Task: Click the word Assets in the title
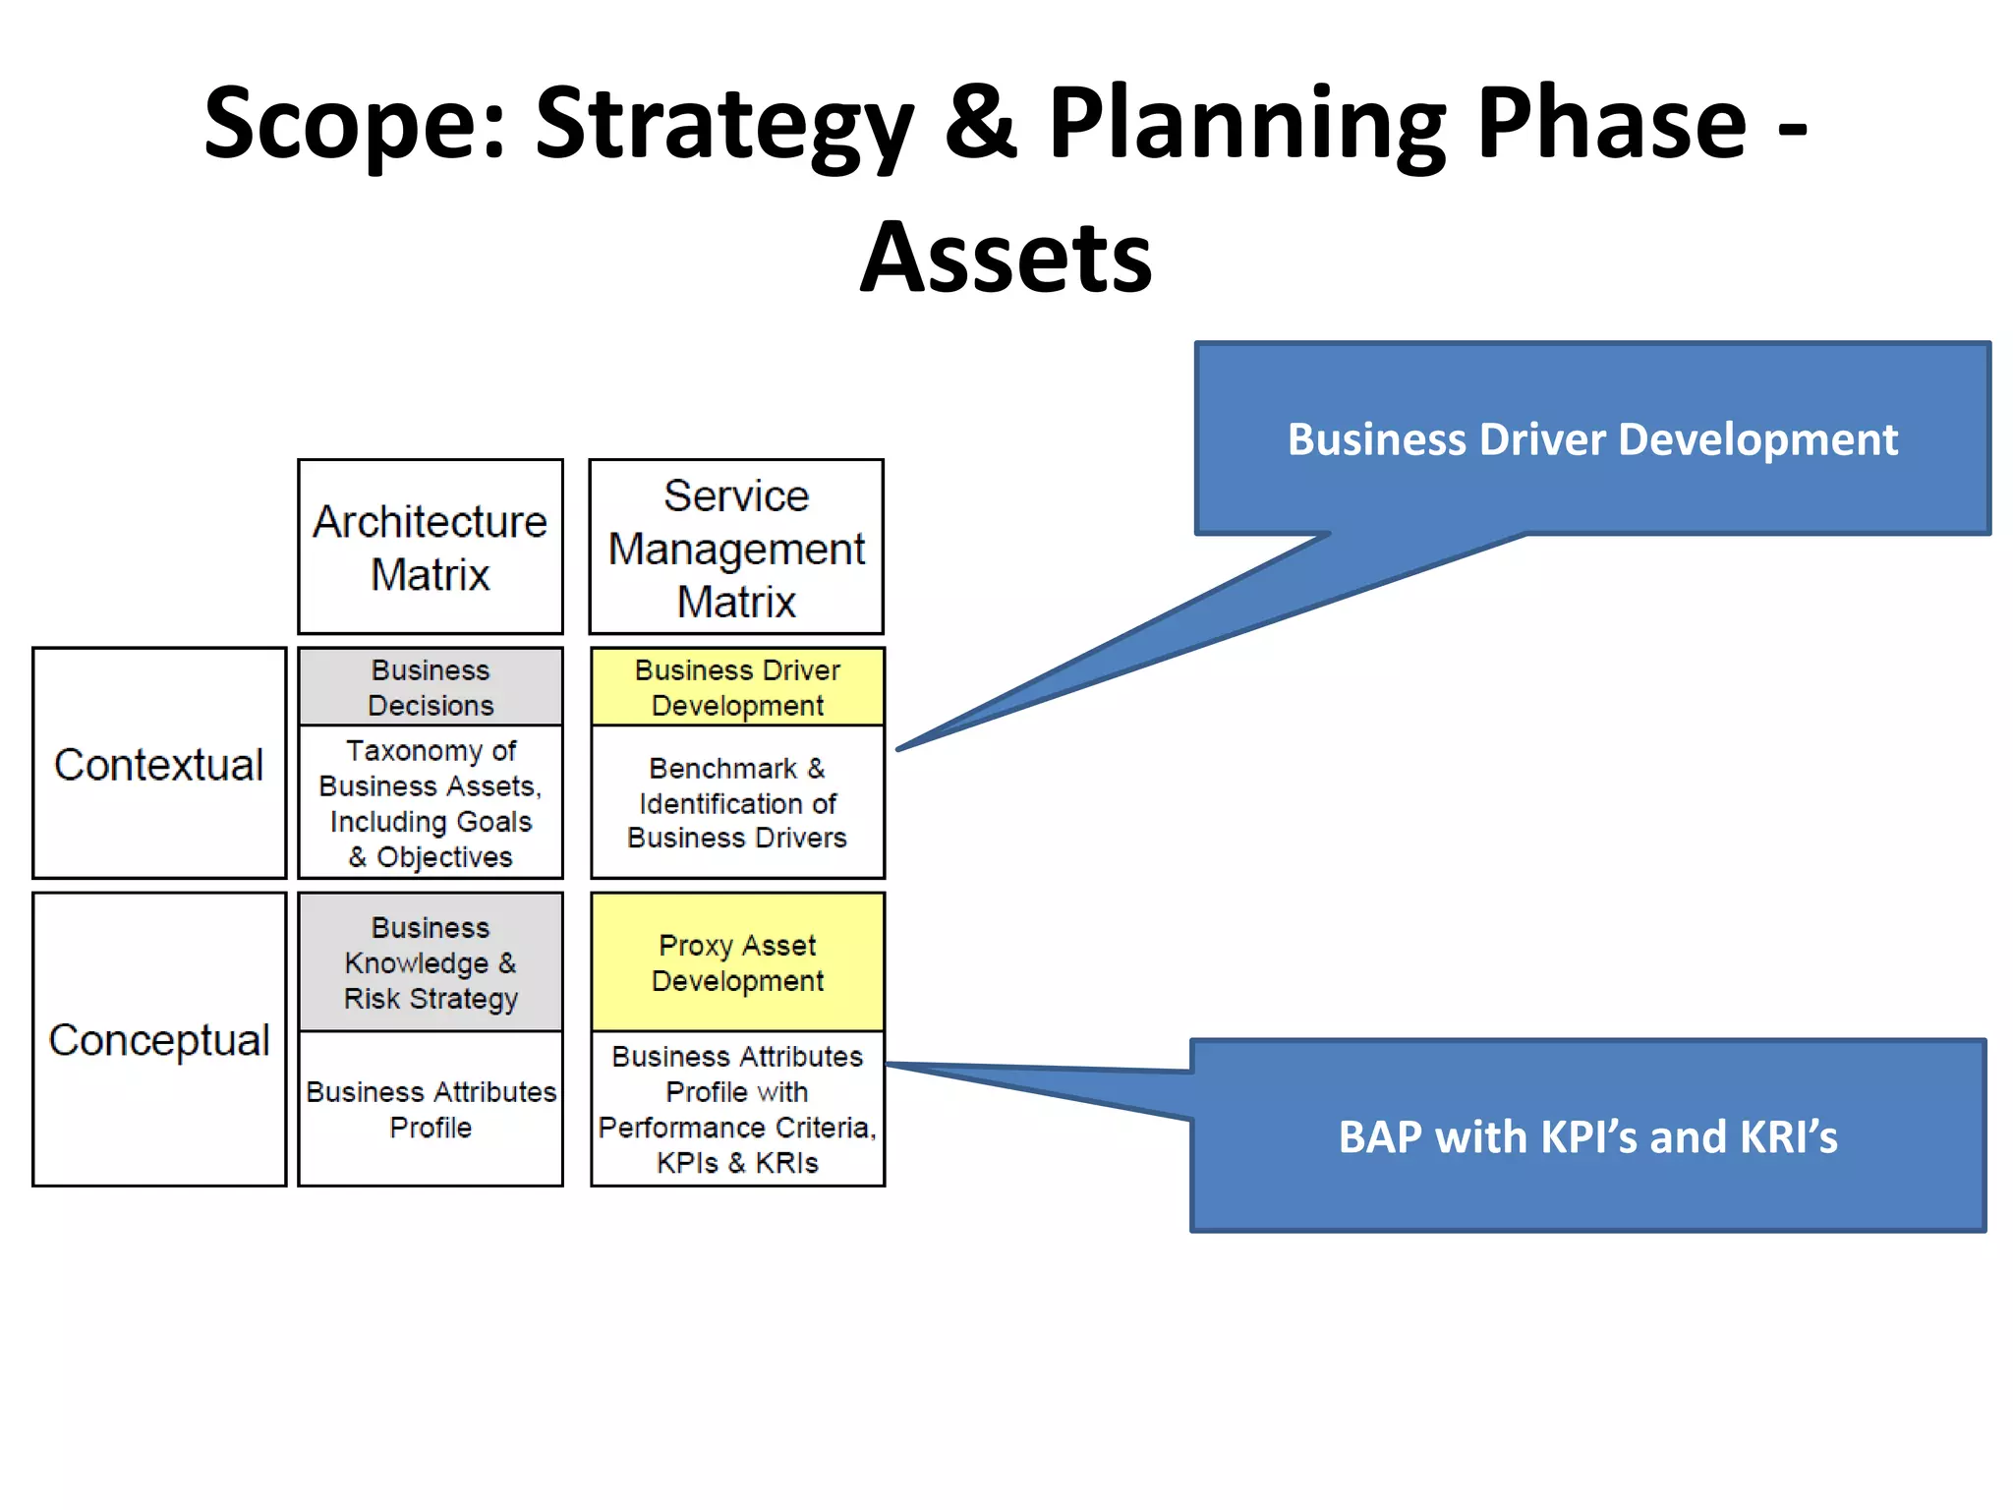click(x=1006, y=258)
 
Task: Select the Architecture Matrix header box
click(x=431, y=547)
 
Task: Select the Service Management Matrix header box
click(x=736, y=547)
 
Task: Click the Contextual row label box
click(x=159, y=763)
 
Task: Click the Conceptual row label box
click(x=159, y=1039)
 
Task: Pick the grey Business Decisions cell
click(x=431, y=686)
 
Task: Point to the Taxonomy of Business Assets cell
click(x=431, y=802)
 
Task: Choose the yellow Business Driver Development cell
click(x=737, y=686)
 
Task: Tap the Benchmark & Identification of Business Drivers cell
click(x=737, y=802)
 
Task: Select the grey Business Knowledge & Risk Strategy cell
click(x=431, y=961)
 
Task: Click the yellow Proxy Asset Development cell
click(x=737, y=961)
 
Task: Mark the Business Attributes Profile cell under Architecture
click(x=431, y=1109)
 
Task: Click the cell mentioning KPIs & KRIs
click(x=737, y=1109)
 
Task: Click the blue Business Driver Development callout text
click(x=1591, y=439)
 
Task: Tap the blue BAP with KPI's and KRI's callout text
click(x=1587, y=1136)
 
